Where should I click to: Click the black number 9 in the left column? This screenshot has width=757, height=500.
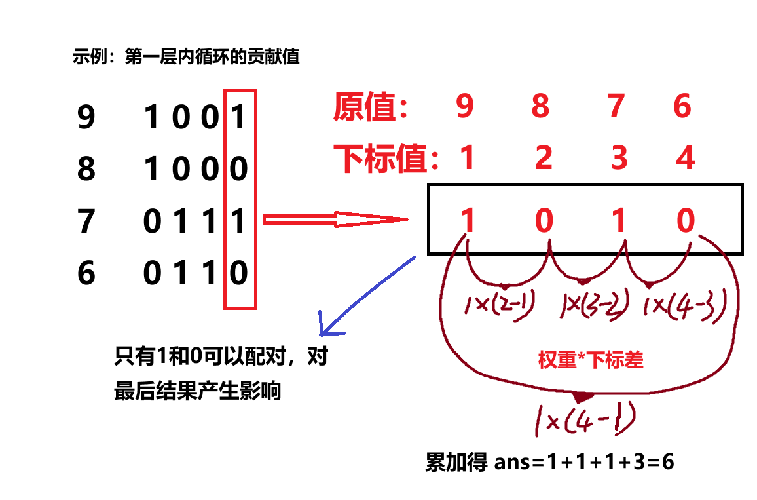86,118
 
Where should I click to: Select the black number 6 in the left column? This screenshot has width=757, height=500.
86,273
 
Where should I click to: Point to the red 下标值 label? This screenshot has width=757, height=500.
385,158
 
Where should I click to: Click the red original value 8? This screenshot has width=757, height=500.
540,106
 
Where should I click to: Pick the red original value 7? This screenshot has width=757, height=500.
616,106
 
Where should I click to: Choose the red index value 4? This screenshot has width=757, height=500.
685,158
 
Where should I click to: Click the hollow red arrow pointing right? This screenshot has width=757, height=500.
334,220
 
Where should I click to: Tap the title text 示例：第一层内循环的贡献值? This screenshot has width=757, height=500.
186,57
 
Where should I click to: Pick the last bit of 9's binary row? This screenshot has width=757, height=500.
238,118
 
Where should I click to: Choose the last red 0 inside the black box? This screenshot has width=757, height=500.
685,221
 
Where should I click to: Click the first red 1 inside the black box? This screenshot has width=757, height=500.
467,221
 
